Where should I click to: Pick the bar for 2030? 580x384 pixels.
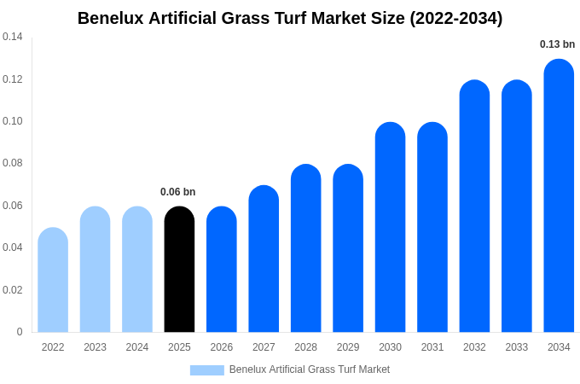click(x=390, y=228)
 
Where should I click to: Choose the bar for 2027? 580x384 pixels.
click(x=264, y=259)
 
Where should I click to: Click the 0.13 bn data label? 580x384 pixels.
click(x=557, y=44)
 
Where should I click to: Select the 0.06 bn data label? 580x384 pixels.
click(x=177, y=192)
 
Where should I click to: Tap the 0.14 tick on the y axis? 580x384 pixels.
click(x=13, y=37)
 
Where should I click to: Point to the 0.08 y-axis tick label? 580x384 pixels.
click(x=13, y=163)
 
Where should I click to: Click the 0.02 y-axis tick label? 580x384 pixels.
click(x=13, y=290)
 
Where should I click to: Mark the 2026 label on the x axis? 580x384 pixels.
click(x=222, y=347)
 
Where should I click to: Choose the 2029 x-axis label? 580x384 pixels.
click(x=348, y=347)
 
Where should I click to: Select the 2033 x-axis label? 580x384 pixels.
click(x=517, y=347)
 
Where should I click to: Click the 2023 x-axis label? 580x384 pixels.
click(x=95, y=347)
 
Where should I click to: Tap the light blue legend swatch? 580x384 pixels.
click(x=206, y=370)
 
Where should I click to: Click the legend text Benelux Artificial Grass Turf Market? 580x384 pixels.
click(x=309, y=369)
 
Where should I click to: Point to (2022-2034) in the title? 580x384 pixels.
click(x=456, y=18)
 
